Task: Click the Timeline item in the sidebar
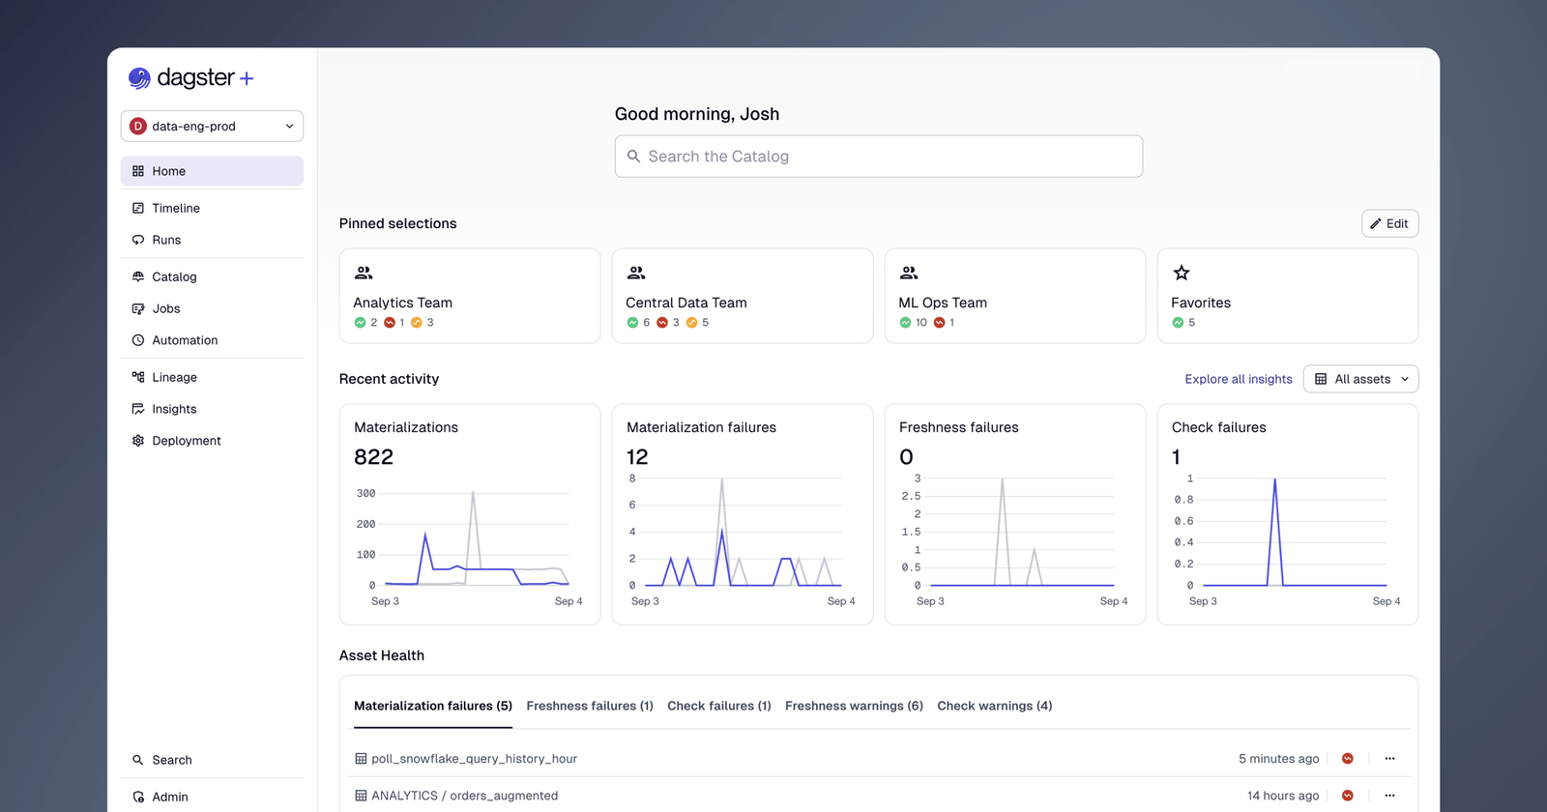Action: (175, 208)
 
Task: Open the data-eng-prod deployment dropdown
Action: (212, 126)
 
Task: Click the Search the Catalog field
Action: (878, 157)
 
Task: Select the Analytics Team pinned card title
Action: (402, 303)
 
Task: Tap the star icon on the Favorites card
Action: (1181, 273)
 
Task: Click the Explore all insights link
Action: (1238, 379)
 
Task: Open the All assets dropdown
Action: (1360, 379)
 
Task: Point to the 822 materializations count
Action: (373, 457)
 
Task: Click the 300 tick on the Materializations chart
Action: (365, 493)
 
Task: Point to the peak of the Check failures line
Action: (1274, 479)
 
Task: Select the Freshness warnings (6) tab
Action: (853, 706)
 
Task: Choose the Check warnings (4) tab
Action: (994, 706)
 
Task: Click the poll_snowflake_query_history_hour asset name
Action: (474, 759)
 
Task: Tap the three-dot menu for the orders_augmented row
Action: (1389, 796)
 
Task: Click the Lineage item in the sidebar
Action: (174, 377)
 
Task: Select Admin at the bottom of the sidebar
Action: (169, 797)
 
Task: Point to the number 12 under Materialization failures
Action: (637, 457)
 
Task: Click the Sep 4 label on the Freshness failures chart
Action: (1113, 601)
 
